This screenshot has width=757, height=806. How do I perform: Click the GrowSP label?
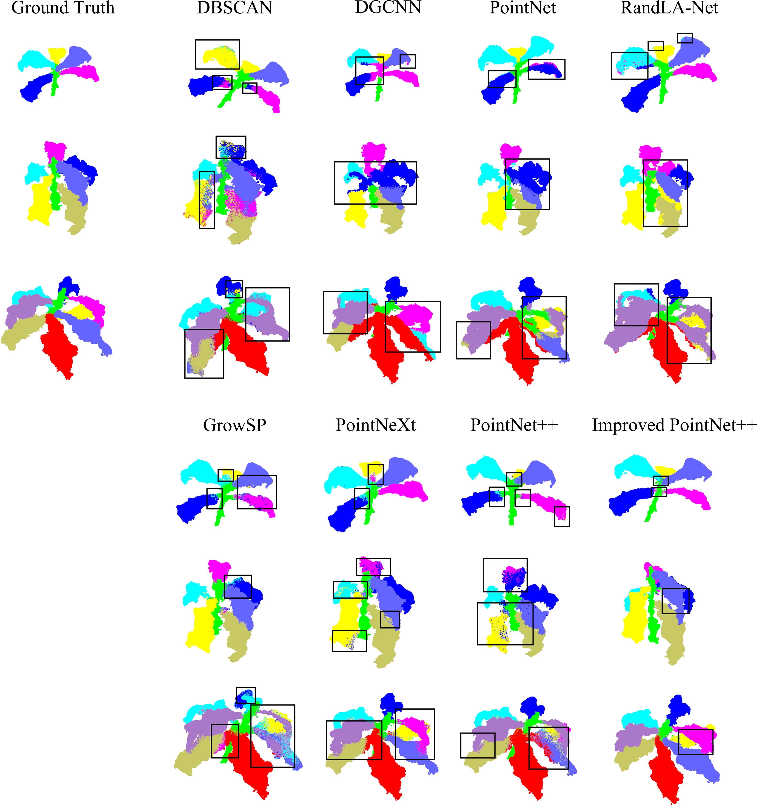coord(234,425)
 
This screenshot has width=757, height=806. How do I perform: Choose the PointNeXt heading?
coord(375,425)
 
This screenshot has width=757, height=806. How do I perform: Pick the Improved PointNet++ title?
coord(674,425)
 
